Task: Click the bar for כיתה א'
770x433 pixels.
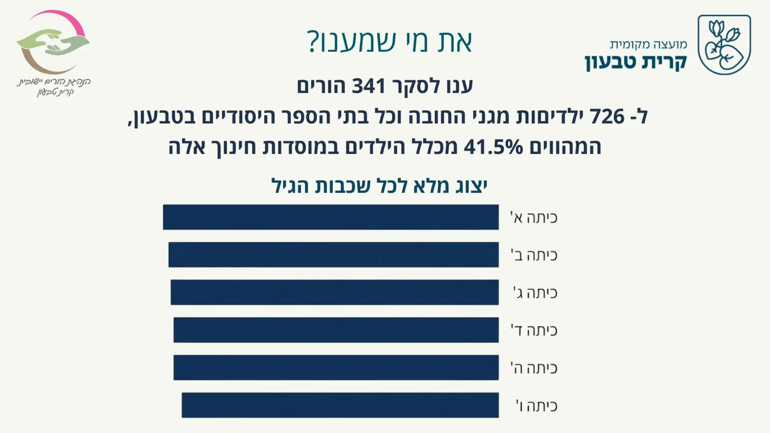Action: (x=330, y=217)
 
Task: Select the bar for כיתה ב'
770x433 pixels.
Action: (x=333, y=255)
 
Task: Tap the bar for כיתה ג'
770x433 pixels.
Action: (x=334, y=292)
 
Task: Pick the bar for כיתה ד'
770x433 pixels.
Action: (x=336, y=330)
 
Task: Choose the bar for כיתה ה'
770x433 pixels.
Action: (x=336, y=367)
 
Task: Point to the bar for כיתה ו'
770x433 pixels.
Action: (x=340, y=405)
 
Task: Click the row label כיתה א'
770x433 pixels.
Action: (x=534, y=218)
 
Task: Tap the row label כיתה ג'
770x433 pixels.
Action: (x=535, y=293)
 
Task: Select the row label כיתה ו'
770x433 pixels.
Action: (x=537, y=406)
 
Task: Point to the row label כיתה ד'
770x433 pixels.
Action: (x=534, y=330)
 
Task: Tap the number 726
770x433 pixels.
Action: (x=608, y=116)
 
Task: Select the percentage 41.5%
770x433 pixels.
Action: (x=493, y=147)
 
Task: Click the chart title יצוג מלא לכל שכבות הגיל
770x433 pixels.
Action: (x=379, y=186)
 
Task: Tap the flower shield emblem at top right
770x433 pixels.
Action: (x=724, y=45)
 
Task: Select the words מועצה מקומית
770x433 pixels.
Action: (x=648, y=44)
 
